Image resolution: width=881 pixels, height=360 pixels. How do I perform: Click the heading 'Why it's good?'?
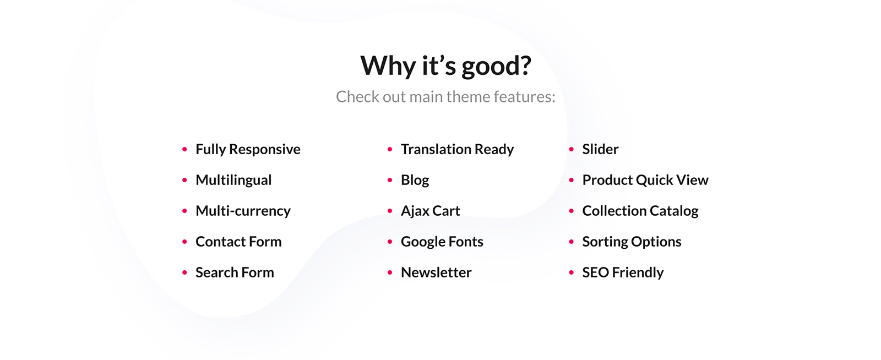pyautogui.click(x=445, y=66)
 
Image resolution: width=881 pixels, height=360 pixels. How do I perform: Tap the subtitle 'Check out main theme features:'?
pyautogui.click(x=445, y=97)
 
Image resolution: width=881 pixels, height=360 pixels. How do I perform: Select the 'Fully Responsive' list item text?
pyautogui.click(x=248, y=150)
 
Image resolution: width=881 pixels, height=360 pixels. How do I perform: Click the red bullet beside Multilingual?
pyautogui.click(x=184, y=180)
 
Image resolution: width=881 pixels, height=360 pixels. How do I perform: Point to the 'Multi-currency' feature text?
pyautogui.click(x=243, y=211)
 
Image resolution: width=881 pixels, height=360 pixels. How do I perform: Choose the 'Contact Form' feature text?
pyautogui.click(x=238, y=241)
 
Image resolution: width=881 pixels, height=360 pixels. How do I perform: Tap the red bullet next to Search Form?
pyautogui.click(x=184, y=272)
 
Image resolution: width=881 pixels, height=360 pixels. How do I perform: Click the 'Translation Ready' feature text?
pyautogui.click(x=457, y=150)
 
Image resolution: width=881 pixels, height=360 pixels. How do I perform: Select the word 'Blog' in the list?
pyautogui.click(x=415, y=181)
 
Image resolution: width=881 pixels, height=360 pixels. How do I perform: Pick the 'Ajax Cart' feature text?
pyautogui.click(x=430, y=211)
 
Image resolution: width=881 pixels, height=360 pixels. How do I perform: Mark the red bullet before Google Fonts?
pyautogui.click(x=390, y=242)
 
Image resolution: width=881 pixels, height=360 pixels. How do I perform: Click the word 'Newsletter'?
pyautogui.click(x=436, y=272)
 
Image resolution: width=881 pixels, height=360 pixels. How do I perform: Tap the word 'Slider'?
pyautogui.click(x=600, y=149)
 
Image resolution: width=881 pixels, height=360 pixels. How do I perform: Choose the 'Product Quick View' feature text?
pyautogui.click(x=645, y=180)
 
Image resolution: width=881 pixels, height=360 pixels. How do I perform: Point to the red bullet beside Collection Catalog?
pyautogui.click(x=572, y=211)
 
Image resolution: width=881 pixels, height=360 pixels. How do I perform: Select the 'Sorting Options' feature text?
pyautogui.click(x=632, y=242)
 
